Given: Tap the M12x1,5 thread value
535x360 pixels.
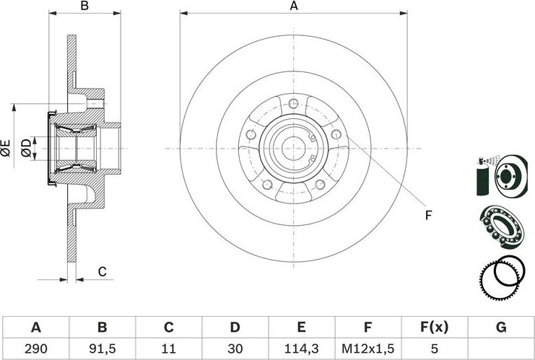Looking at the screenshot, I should (368, 348).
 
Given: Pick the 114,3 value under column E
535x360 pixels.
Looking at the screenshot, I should (301, 348).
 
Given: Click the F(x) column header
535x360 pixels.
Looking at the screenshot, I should (435, 328).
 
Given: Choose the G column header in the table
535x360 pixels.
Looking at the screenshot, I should (500, 328).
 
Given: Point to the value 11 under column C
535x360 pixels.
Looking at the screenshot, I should (168, 348).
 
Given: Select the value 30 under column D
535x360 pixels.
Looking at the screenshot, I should (235, 348).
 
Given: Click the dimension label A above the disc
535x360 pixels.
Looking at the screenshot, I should (294, 6).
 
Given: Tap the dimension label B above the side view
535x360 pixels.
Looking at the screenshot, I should (84, 6).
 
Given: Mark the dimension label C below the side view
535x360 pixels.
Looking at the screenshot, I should (103, 271).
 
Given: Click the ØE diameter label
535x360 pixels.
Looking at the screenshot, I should (6, 149).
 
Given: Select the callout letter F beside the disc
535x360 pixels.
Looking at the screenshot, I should (428, 214).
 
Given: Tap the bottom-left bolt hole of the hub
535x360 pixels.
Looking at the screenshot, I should (266, 184).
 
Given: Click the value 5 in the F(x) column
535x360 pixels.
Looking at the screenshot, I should (435, 348).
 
